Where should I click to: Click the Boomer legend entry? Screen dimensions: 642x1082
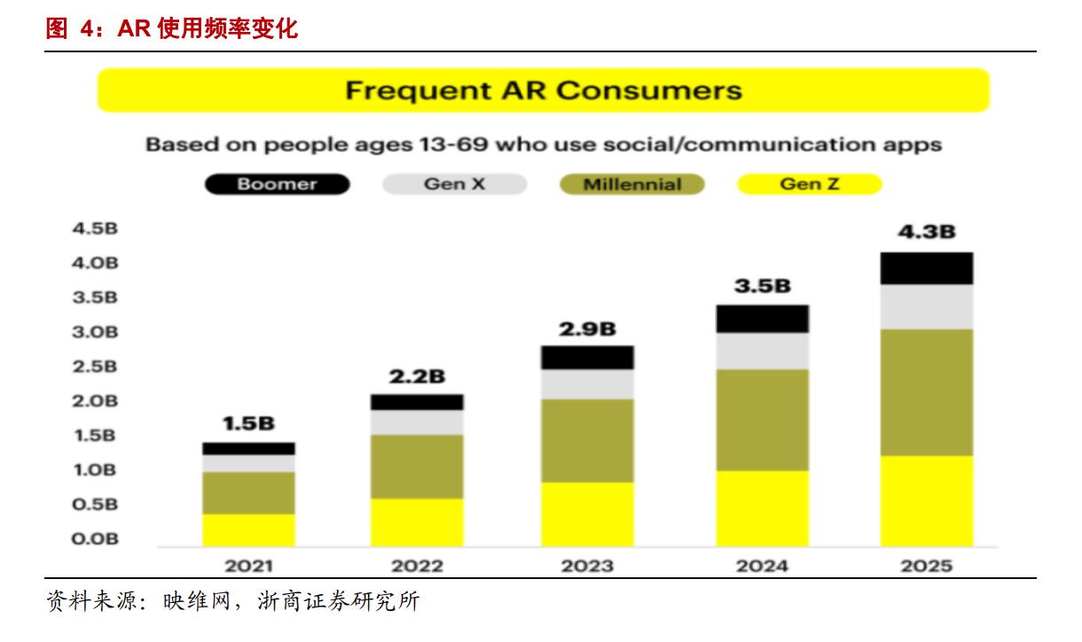pos(277,184)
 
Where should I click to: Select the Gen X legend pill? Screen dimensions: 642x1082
pos(454,184)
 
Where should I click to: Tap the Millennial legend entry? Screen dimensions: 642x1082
pos(631,184)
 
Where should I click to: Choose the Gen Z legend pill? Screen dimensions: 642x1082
pos(809,184)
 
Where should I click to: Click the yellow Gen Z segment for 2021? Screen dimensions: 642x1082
pos(248,529)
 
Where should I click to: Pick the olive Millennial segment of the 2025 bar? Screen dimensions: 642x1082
pos(926,392)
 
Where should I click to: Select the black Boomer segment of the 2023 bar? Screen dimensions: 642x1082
pos(587,357)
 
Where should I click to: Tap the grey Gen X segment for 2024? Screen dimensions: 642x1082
pos(762,351)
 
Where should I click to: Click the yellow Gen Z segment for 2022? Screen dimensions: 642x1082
pos(417,521)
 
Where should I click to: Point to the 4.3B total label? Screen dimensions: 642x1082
pos(926,232)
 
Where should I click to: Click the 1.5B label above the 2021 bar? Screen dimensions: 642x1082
pos(248,424)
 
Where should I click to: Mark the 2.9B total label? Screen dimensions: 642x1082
pos(587,328)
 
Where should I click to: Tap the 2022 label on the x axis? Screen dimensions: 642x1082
pos(417,566)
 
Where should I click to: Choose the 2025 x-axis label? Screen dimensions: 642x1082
pos(926,566)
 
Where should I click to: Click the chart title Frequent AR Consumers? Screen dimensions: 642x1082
pos(543,90)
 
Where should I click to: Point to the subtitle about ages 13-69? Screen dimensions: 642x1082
pos(543,145)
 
